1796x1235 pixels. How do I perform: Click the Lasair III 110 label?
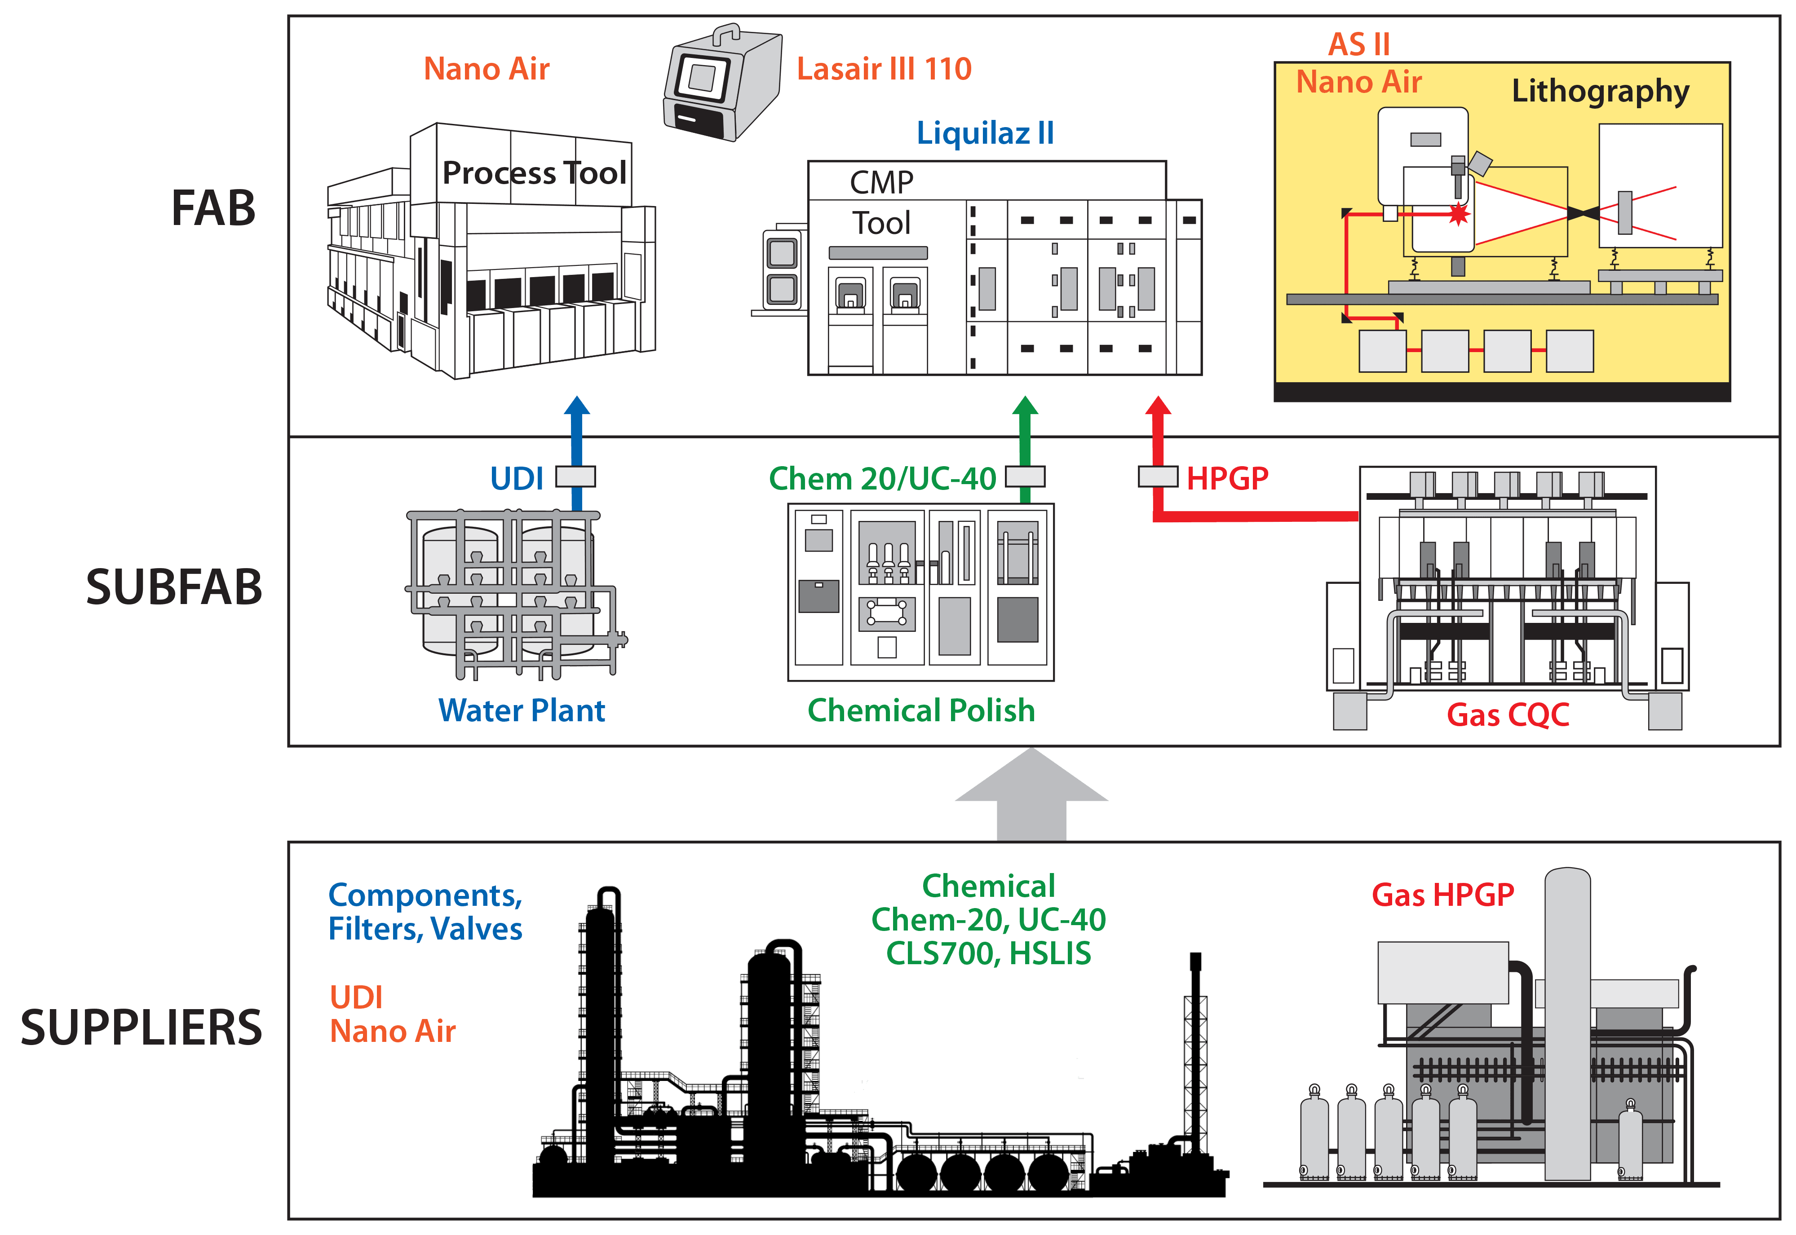pos(884,69)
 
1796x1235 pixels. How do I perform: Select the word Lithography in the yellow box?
pos(1600,91)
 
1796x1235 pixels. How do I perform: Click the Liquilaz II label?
pos(985,133)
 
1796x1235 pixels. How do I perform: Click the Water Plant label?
pos(522,710)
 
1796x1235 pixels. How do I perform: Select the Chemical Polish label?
pos(921,710)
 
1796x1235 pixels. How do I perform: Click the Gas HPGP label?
pos(1442,895)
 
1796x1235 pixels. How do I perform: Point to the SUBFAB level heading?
pos(174,587)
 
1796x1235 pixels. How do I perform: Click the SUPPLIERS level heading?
pos(142,1027)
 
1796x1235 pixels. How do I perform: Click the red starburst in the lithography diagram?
pos(1459,214)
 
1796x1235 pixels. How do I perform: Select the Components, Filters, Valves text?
pos(425,912)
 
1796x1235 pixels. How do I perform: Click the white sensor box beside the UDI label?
pos(576,476)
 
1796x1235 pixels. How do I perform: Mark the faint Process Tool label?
pos(534,172)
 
